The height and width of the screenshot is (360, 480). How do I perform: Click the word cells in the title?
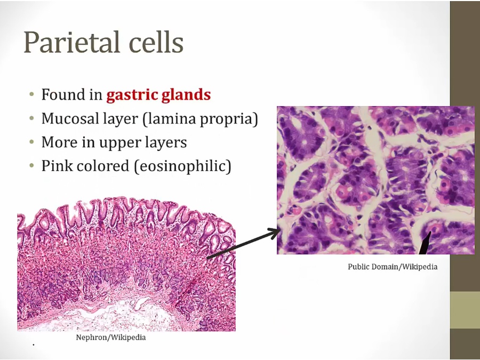coord(156,42)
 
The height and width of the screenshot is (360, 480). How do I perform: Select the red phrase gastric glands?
coord(158,94)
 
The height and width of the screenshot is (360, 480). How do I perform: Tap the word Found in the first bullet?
coord(63,94)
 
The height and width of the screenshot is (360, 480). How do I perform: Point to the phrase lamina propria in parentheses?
coord(200,119)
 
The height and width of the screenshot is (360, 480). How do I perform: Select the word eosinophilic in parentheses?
coord(182,166)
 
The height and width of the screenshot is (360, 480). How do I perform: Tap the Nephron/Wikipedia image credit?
coord(111,338)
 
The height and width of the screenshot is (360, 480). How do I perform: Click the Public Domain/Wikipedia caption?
coord(393,267)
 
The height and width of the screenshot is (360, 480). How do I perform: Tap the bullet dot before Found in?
coord(32,94)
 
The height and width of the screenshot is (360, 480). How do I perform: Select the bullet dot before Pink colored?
coord(32,166)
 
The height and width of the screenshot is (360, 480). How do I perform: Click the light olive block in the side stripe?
coord(465,310)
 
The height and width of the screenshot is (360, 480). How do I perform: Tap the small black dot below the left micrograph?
coord(34,345)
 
